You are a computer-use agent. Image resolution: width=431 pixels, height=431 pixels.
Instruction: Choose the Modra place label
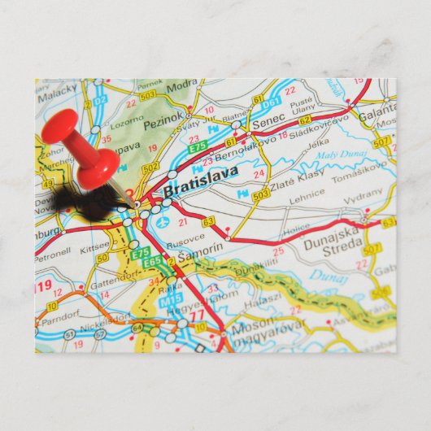click(x=182, y=85)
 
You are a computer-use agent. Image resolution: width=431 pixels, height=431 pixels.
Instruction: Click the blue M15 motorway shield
click(x=172, y=301)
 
